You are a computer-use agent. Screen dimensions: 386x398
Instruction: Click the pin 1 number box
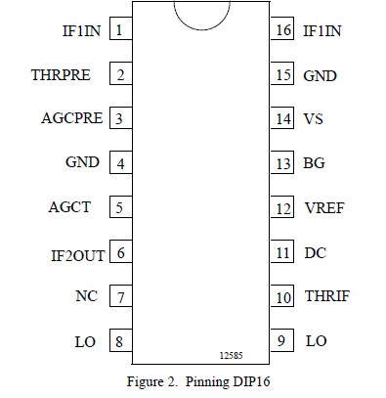120,30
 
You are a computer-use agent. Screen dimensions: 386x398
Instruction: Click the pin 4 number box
120,163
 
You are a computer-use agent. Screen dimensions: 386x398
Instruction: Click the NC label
86,296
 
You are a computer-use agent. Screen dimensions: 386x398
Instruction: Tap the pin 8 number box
120,341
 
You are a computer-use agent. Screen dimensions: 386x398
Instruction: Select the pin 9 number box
282,341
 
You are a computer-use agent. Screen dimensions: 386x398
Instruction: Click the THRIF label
326,296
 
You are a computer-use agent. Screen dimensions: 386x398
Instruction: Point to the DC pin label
315,253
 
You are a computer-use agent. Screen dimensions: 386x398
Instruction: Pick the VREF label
323,208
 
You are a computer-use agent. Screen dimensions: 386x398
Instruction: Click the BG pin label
314,163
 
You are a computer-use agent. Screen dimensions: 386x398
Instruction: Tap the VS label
313,118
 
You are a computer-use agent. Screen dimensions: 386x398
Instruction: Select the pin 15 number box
282,74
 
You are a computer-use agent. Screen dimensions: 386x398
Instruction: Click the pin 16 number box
282,30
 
